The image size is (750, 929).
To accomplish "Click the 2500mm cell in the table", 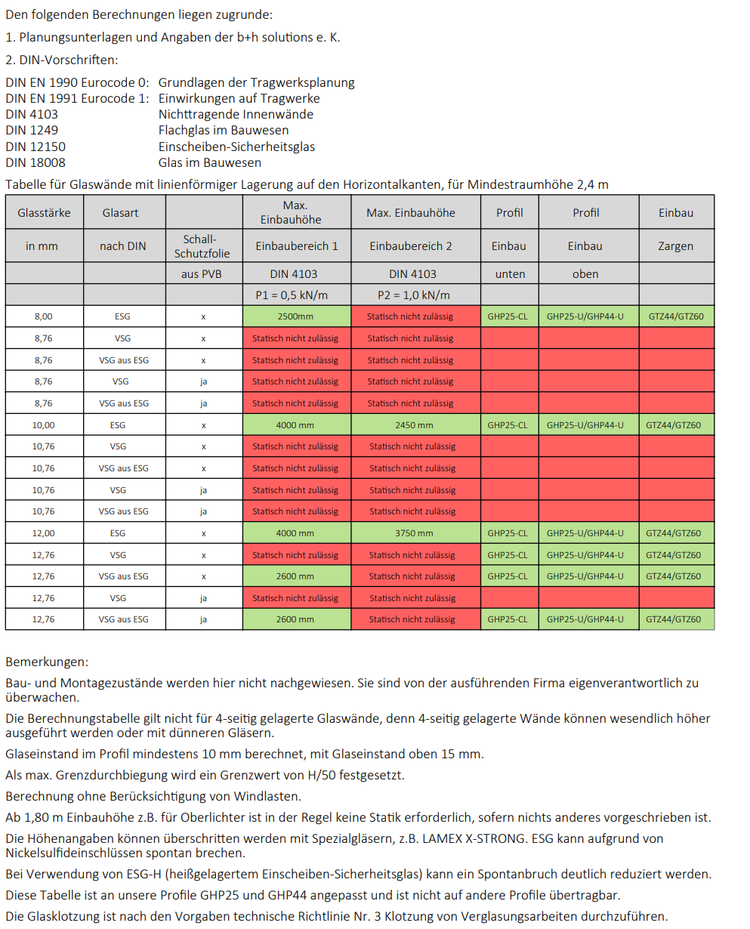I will [296, 316].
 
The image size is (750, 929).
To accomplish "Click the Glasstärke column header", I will [44, 213].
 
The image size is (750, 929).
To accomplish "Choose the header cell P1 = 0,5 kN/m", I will [296, 295].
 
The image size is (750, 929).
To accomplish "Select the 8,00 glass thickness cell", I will [44, 316].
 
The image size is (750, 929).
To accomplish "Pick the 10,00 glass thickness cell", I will [44, 425].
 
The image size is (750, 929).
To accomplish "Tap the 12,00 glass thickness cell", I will [44, 533].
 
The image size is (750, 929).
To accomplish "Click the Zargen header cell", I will [675, 246].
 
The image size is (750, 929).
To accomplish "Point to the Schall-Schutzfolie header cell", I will [203, 246].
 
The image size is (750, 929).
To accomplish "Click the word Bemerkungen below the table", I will [46, 662].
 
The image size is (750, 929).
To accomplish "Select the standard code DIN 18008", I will [35, 162].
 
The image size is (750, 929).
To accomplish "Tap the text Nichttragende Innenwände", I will [236, 114].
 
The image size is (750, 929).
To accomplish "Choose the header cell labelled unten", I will [510, 274].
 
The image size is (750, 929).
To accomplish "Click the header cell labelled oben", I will [585, 274].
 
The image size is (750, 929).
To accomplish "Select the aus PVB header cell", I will [203, 274].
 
